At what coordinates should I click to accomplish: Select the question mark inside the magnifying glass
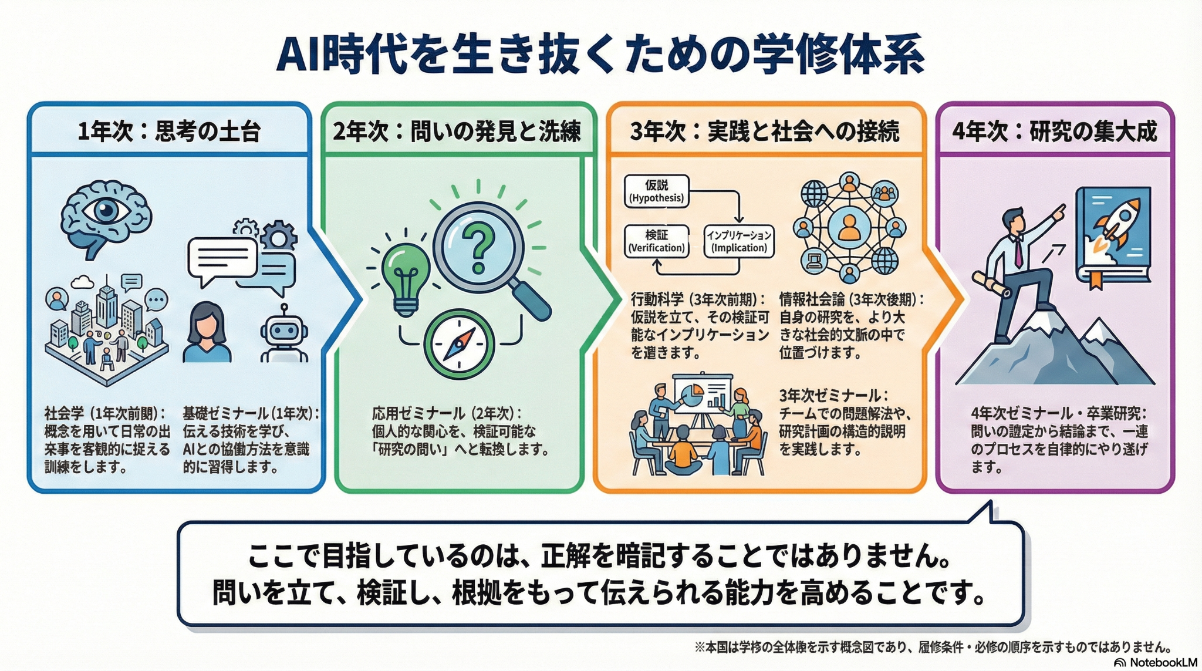tap(478, 249)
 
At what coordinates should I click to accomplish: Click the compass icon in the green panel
tap(460, 345)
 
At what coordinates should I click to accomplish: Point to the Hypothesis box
tap(656, 191)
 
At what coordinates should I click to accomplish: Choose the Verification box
tap(656, 241)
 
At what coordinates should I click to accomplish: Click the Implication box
tap(739, 241)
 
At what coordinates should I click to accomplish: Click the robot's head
tap(284, 332)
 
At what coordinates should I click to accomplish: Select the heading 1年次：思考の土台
tap(169, 131)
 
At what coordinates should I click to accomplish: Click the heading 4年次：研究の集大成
tap(1055, 131)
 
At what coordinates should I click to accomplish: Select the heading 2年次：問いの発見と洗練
tap(457, 131)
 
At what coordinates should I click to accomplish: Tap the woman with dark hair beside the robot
tap(206, 332)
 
